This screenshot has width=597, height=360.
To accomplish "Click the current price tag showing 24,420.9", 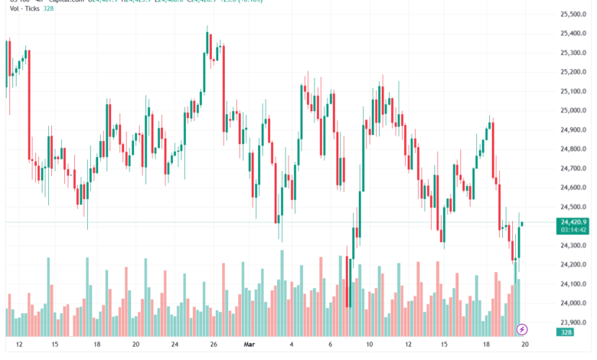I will [x=573, y=221].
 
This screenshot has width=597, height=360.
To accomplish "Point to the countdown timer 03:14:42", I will [x=573, y=230].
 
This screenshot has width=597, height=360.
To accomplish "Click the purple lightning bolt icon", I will [x=522, y=329].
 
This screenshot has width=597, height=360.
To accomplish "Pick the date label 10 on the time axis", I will [x=369, y=345].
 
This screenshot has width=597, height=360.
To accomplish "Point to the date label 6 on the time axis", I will [x=330, y=345].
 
